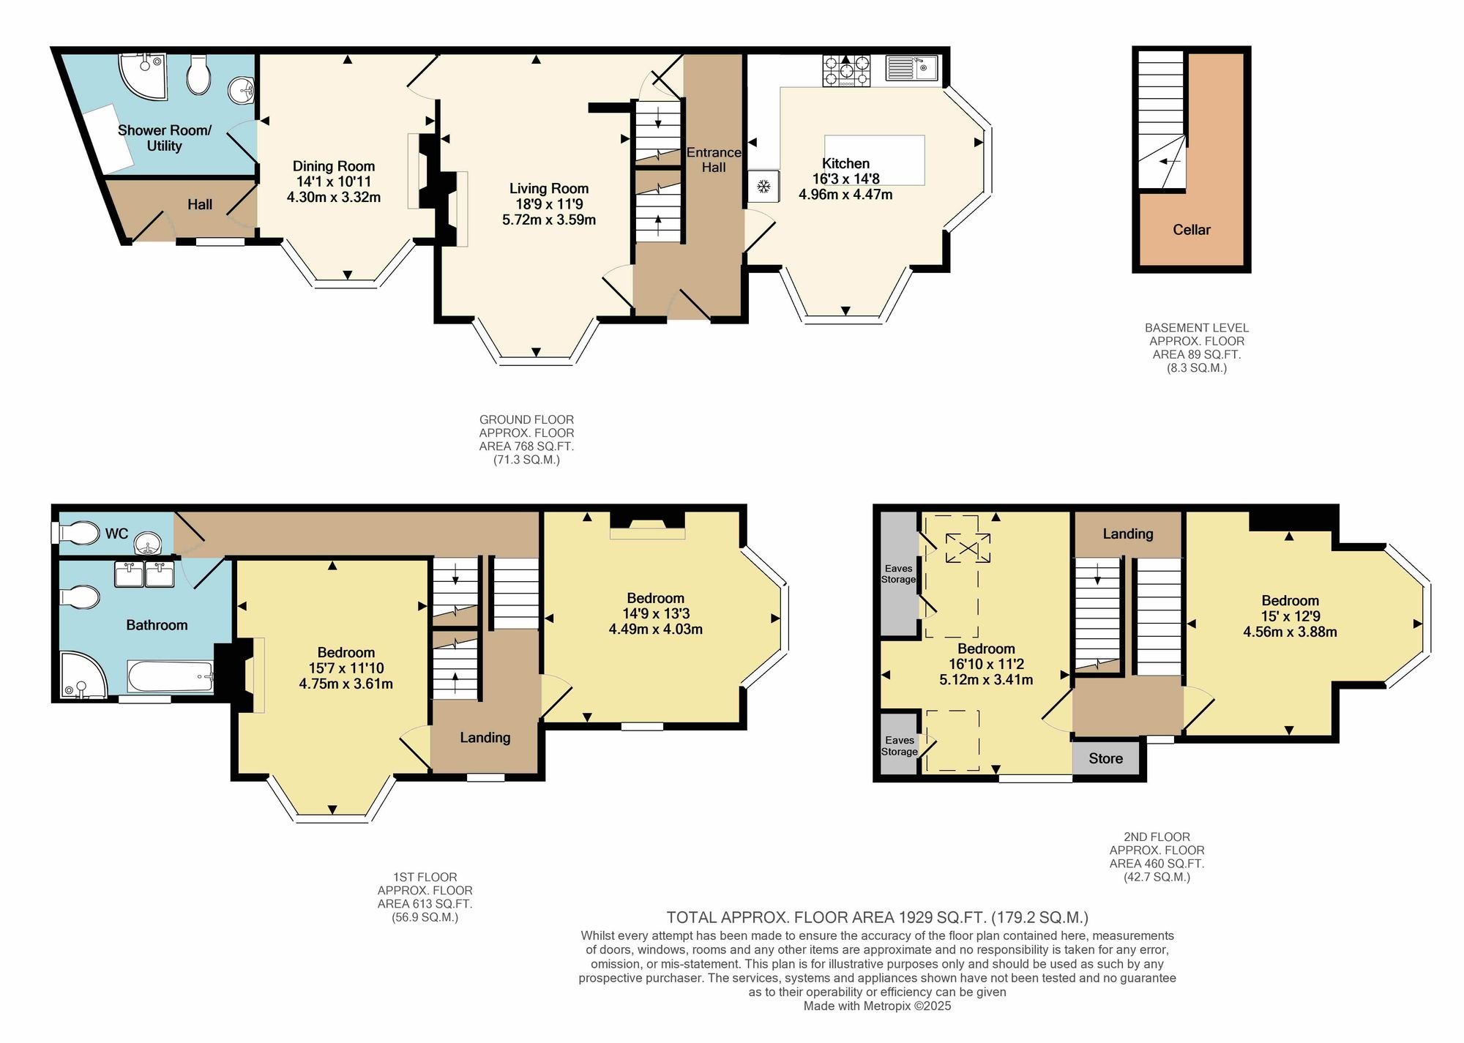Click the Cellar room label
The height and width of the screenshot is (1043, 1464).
pos(1192,230)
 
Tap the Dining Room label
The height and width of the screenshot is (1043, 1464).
pos(334,166)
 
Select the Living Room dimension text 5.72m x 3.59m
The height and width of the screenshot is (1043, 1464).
pos(549,220)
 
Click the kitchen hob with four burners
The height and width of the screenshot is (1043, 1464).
pos(846,71)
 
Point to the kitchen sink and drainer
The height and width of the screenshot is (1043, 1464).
pos(912,68)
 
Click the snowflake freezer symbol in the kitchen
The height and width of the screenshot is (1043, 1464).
pos(763,187)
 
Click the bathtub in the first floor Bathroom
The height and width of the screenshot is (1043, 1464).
pos(171,676)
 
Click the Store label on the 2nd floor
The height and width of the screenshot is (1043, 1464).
pos(1105,758)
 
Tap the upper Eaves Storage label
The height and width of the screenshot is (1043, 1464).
pos(898,574)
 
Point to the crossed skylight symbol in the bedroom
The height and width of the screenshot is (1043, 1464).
pos(968,548)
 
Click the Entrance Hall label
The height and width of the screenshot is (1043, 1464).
pos(714,160)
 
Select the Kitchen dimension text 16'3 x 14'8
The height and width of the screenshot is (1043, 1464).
pos(846,179)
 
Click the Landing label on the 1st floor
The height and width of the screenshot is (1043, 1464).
pos(485,738)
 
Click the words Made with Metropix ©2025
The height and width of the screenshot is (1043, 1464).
pos(878,1006)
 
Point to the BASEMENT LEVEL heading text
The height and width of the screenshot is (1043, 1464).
pos(1197,328)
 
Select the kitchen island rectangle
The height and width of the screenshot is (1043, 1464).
pos(875,160)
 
